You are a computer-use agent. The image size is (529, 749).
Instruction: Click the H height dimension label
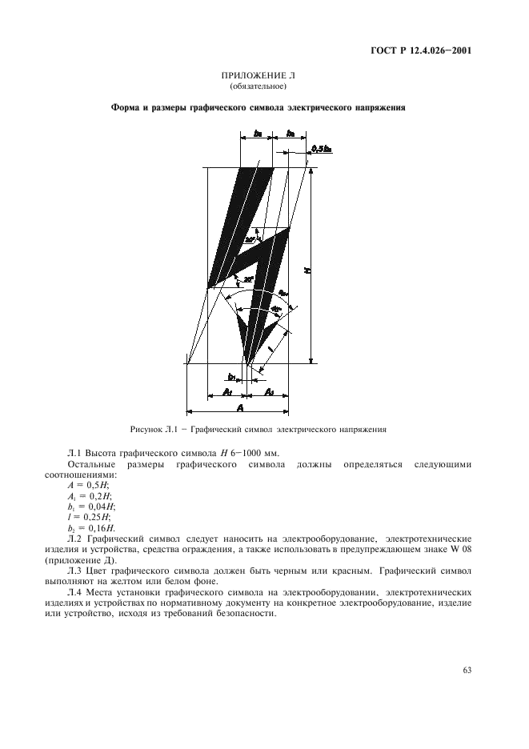308,271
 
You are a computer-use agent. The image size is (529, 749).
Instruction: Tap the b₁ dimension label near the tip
231,376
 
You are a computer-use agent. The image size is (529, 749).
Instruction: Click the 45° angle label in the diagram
276,308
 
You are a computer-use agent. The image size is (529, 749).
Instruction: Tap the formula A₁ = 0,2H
89,497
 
